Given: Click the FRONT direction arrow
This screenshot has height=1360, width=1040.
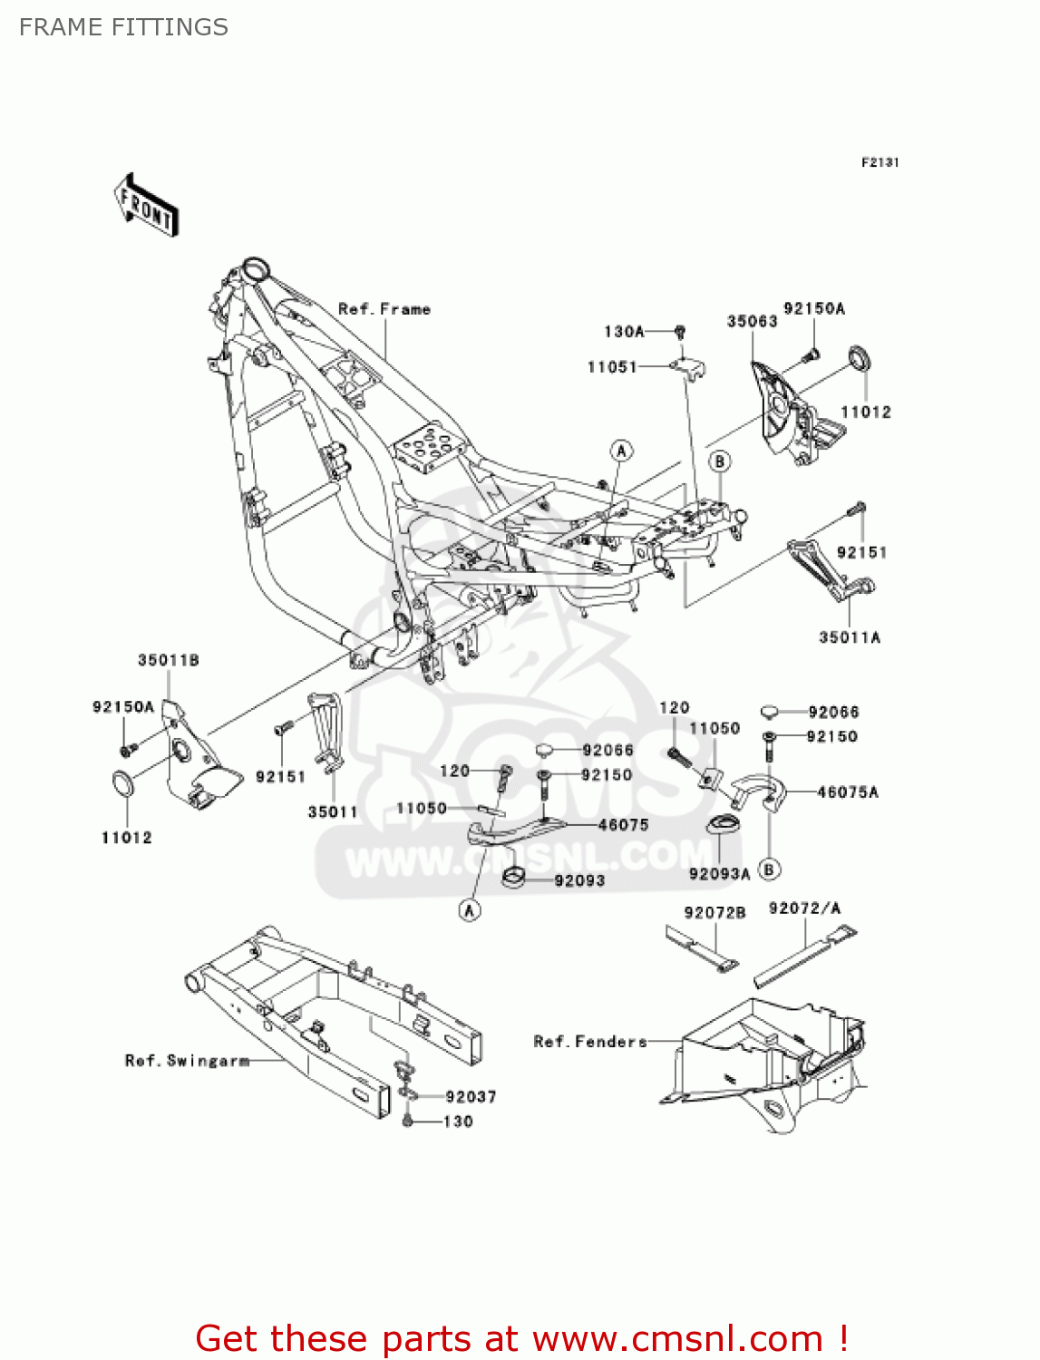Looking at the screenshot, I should (x=146, y=206).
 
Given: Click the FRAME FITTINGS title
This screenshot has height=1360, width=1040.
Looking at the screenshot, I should (x=123, y=27).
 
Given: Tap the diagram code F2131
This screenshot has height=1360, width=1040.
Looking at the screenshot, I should (x=880, y=162).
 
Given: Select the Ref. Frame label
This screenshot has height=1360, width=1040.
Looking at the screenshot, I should (x=384, y=309).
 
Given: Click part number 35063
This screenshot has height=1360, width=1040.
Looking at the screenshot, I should (x=752, y=321).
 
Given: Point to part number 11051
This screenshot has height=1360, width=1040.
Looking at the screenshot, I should (x=612, y=367).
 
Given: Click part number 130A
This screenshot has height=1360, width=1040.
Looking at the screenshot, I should (x=624, y=332).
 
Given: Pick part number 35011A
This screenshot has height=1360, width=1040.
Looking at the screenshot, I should (x=850, y=637).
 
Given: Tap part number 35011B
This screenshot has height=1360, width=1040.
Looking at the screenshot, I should (x=169, y=660).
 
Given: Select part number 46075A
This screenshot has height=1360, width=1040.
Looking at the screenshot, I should (x=848, y=792).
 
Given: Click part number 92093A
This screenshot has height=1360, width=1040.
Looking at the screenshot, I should (x=719, y=874).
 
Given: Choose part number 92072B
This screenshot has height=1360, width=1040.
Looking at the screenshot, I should (x=714, y=912).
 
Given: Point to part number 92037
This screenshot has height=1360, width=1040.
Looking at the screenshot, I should (x=471, y=1097).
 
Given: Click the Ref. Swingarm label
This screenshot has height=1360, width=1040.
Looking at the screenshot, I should (x=187, y=1060).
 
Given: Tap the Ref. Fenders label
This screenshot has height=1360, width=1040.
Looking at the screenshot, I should (x=590, y=1042).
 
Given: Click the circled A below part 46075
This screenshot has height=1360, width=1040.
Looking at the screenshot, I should (x=470, y=909).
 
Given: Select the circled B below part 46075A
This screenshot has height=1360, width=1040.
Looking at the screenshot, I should (x=769, y=869).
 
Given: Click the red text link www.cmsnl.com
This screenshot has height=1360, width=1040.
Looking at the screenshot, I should (x=677, y=1339).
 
